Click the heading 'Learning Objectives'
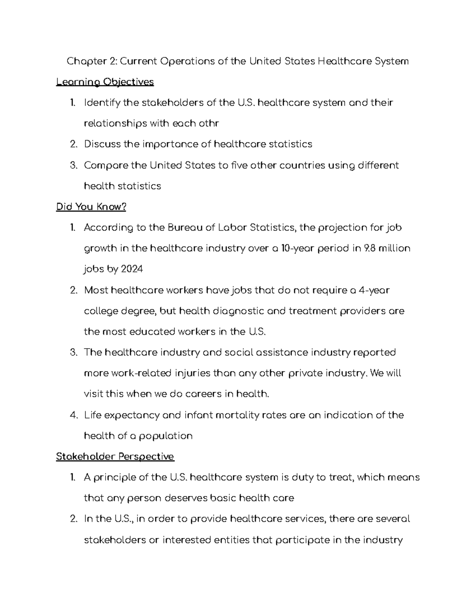point(105,82)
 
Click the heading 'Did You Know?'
point(91,207)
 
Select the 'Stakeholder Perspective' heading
point(115,457)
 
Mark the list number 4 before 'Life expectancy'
point(73,415)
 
